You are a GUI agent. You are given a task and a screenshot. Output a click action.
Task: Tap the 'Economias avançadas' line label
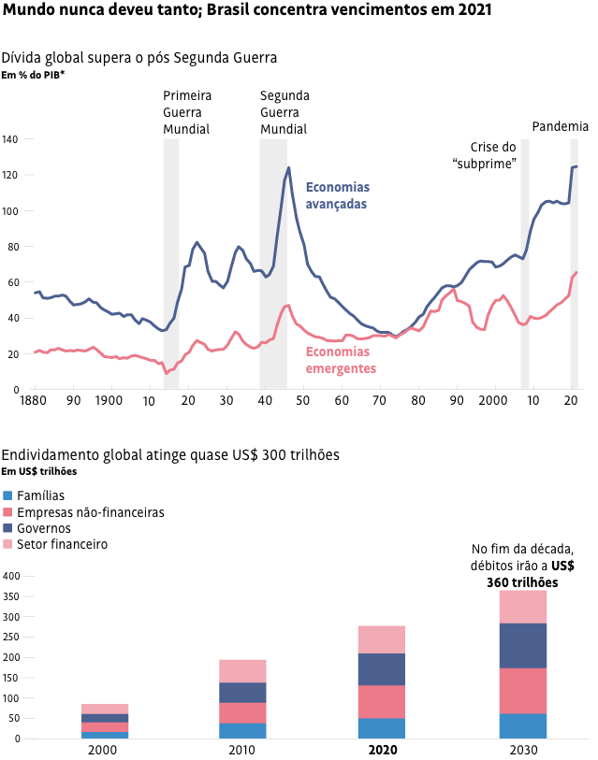click(338, 195)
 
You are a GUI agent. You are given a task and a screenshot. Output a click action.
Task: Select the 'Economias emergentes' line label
click(341, 360)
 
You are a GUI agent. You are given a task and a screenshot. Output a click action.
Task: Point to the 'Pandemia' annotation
click(560, 126)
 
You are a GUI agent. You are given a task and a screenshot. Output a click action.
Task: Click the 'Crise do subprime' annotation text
click(487, 155)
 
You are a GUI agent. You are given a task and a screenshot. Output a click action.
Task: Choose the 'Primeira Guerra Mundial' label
click(187, 112)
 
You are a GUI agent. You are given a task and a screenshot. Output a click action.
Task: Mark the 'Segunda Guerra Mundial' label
click(284, 112)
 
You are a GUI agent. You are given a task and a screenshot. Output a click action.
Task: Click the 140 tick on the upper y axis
click(10, 139)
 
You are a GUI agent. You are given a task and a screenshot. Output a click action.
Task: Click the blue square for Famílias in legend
click(9, 495)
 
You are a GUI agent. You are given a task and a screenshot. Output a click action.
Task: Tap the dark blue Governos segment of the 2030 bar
click(523, 645)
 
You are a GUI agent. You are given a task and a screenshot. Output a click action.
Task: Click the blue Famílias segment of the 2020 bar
click(381, 728)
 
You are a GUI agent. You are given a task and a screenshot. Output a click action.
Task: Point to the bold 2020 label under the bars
click(381, 750)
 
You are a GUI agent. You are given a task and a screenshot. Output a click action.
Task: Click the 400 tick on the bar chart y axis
click(10, 576)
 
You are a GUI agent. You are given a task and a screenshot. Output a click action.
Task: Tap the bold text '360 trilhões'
click(522, 582)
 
